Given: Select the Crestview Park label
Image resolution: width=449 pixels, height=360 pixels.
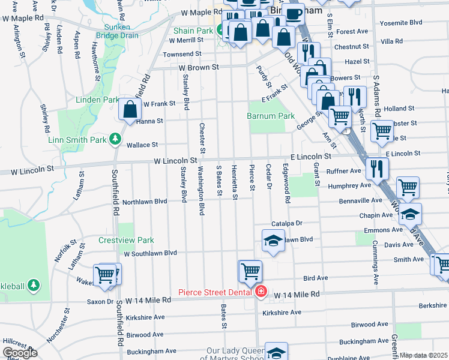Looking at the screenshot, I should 126,240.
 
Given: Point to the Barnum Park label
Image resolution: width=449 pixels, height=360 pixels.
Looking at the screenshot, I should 271,116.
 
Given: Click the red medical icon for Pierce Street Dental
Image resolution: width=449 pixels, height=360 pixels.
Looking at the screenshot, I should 261,292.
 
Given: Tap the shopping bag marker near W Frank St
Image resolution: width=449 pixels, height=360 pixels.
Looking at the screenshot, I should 130,109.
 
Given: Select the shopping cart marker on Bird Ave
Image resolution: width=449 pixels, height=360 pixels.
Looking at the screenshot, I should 250,271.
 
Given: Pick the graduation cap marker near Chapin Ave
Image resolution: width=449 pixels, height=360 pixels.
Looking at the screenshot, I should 411,214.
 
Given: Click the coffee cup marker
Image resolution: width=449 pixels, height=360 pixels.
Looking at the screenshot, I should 294,14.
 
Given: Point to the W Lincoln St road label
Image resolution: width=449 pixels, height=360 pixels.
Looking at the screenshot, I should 175,161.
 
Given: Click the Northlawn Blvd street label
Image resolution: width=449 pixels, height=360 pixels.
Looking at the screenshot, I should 144,202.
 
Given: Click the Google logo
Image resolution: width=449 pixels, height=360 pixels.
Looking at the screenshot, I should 19,353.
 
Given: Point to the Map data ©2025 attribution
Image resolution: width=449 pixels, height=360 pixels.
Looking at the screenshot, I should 423,355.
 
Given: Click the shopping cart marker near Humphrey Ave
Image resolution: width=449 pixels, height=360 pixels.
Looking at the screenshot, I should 408,187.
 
